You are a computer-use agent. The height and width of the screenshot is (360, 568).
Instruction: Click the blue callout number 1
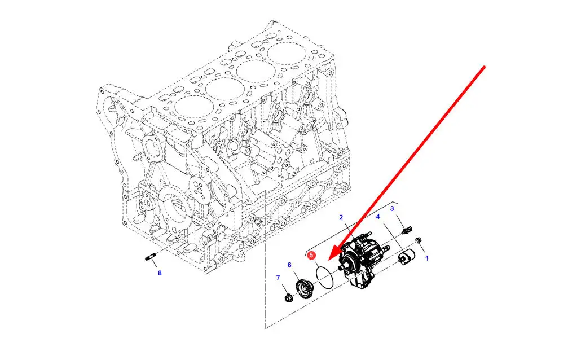427,258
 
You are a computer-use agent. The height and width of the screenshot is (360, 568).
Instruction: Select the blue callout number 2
341,217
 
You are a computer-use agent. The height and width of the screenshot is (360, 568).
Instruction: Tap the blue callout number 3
392,208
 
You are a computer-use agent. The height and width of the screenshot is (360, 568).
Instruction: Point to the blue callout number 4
378,217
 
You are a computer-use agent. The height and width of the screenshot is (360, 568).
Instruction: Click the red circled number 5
311,256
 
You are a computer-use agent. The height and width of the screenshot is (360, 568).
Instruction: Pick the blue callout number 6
289,265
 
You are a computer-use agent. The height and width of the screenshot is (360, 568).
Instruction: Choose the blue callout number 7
278,278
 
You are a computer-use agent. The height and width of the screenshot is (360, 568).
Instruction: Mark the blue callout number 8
160,273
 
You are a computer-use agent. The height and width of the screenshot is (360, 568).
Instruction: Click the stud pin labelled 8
150,258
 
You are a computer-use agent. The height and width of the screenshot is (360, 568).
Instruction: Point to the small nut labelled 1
417,240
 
